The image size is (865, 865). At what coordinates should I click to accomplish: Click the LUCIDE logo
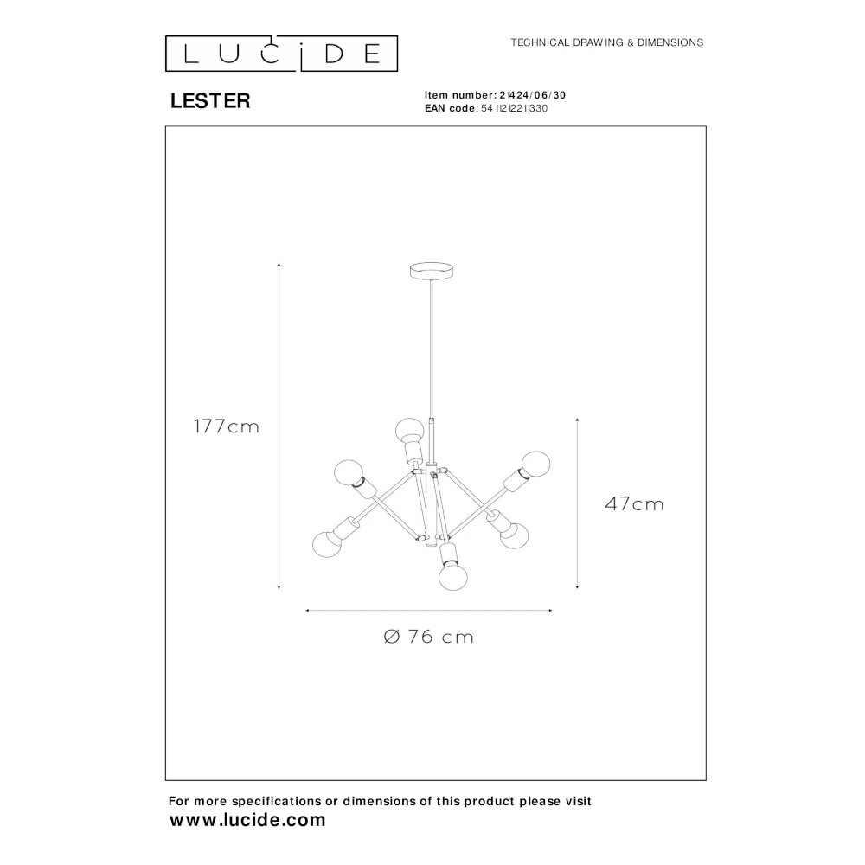[x=281, y=54]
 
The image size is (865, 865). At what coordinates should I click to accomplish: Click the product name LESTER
[x=210, y=101]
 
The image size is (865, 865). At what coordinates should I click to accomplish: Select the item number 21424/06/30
[x=532, y=95]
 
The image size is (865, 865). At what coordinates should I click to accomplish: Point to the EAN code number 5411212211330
[x=514, y=109]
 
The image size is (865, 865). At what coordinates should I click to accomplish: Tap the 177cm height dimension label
[x=226, y=426]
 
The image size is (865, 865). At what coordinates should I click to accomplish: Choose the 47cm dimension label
[x=634, y=504]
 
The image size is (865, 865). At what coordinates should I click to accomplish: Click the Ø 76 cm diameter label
[x=429, y=637]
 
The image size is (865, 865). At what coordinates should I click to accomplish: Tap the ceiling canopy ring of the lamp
[x=432, y=271]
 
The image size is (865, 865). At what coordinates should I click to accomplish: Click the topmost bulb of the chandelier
[x=409, y=429]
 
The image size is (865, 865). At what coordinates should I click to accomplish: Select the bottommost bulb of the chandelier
[x=453, y=577]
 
